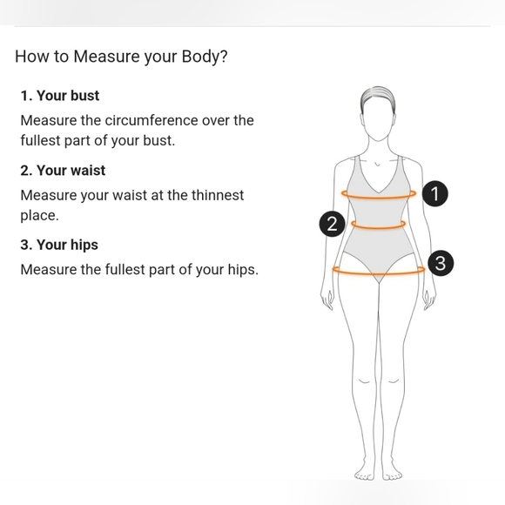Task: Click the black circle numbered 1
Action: [x=434, y=193]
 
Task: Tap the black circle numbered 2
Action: [x=332, y=224]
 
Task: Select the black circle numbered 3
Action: [x=441, y=263]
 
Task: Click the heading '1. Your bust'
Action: [x=60, y=96]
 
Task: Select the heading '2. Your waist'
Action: [x=63, y=171]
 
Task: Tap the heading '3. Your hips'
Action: [x=59, y=245]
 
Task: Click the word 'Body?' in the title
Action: [x=205, y=57]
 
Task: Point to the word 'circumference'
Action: [x=151, y=120]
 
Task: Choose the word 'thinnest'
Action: [x=218, y=195]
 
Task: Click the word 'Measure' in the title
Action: [x=106, y=57]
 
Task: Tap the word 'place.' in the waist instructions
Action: [x=39, y=215]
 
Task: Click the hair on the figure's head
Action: [x=378, y=97]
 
